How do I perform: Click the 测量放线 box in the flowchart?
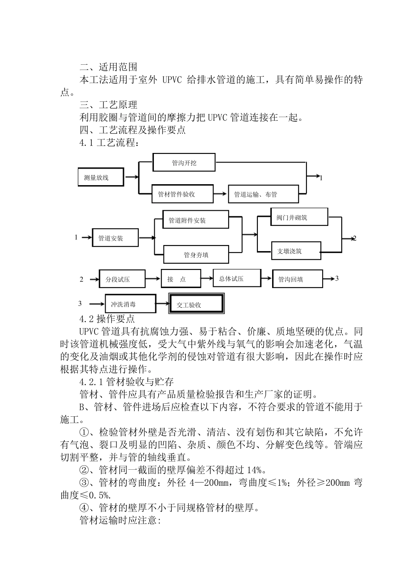pos(101,177)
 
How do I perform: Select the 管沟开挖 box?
pos(184,163)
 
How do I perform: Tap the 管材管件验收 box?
pos(182,194)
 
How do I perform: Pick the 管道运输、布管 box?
pos(263,194)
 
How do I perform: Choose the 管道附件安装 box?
pos(196,220)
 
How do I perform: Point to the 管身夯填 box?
pos(196,254)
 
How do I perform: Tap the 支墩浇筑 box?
pos(296,251)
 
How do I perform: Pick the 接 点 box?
pos(181,279)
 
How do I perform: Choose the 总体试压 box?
pos(236,278)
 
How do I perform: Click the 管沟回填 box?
pos(297,279)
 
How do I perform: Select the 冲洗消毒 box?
pos(130,303)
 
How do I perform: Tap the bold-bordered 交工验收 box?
pos(197,304)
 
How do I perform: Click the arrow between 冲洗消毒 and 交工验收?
pos(162,303)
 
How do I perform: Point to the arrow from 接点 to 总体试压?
pos(207,278)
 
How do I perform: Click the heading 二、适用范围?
pos(109,67)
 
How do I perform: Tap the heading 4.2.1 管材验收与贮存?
pos(127,382)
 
